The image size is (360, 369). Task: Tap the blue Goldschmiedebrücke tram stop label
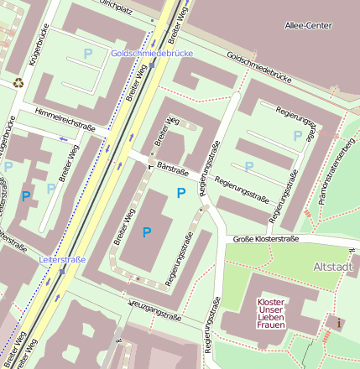[152, 53]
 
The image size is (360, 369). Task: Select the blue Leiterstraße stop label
[62, 260]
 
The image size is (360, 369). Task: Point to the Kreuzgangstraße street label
[154, 309]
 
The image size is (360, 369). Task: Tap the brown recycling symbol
[18, 82]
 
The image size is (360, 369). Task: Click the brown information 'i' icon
[338, 322]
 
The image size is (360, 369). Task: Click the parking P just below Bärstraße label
[181, 194]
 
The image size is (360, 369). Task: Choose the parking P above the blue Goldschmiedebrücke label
[88, 53]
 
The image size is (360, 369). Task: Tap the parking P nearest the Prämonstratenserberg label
[296, 135]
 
